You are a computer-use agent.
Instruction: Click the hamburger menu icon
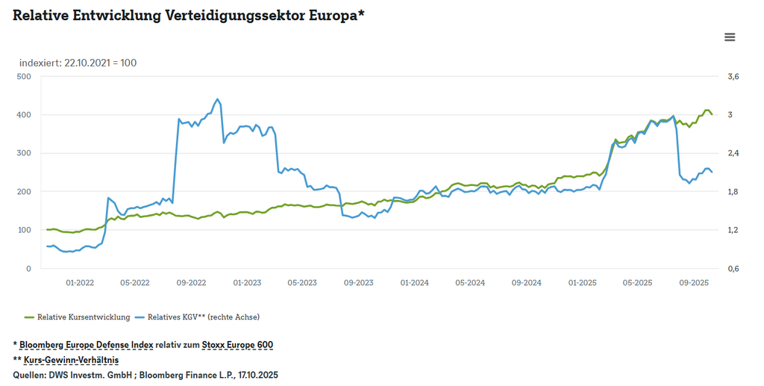730,37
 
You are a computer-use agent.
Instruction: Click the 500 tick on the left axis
23,77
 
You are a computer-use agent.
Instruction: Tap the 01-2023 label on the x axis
247,283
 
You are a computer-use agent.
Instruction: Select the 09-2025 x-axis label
693,283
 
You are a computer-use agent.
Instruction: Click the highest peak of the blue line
218,99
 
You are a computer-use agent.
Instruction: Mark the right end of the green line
712,114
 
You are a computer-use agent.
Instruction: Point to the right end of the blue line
712,172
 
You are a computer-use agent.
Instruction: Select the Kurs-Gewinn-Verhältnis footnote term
76,360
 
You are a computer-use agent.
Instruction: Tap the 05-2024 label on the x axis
470,283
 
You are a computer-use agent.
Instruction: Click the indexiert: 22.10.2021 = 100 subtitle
78,63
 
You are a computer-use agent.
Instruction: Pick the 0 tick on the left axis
28,269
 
